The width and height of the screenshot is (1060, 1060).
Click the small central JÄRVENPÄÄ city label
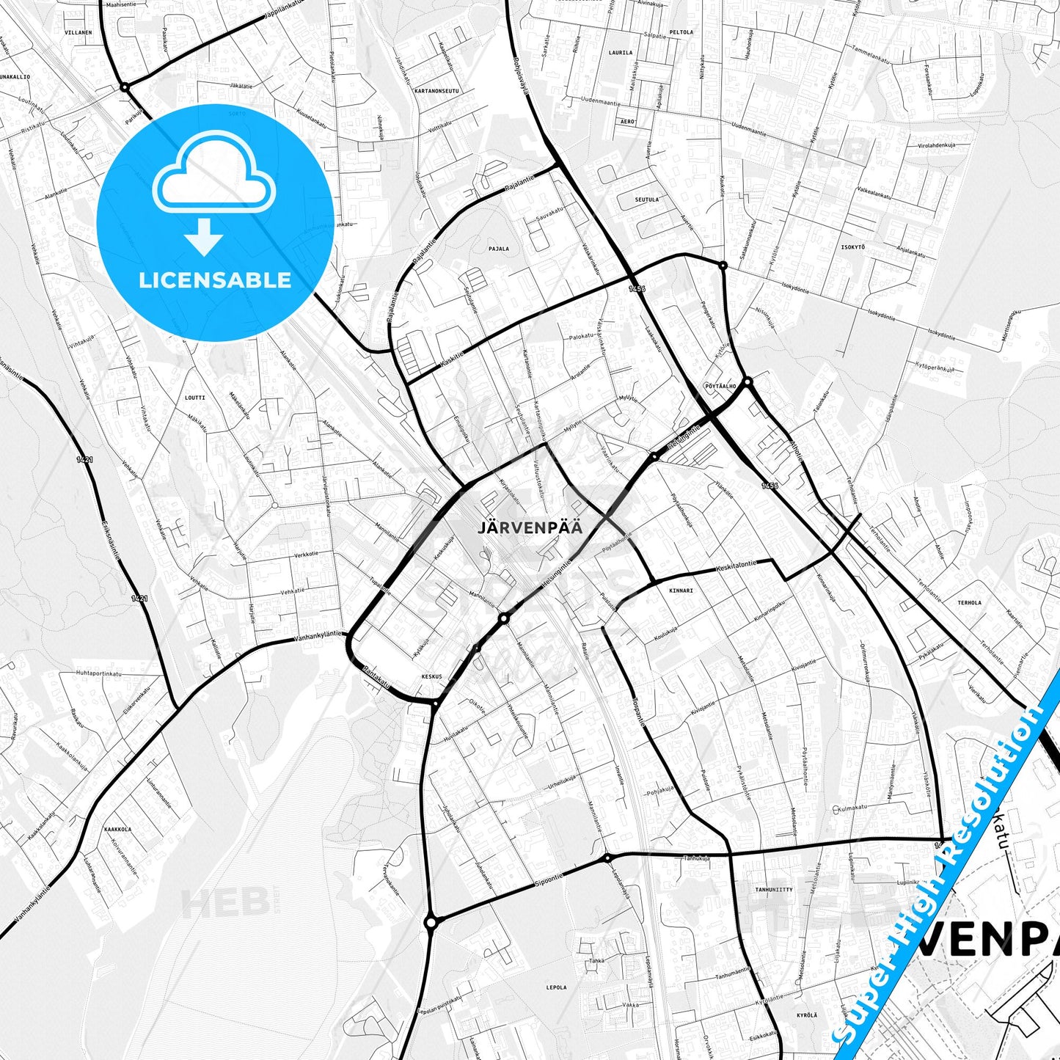(x=530, y=527)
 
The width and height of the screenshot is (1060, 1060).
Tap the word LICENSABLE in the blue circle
(x=215, y=280)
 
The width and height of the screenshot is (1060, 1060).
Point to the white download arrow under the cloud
(x=204, y=236)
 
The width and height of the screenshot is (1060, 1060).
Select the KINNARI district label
(x=681, y=590)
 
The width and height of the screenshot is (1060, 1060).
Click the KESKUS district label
(x=432, y=676)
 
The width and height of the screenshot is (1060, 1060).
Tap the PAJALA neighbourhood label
(x=499, y=249)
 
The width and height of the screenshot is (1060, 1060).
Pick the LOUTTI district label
(x=195, y=398)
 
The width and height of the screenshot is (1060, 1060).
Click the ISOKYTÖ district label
(x=852, y=247)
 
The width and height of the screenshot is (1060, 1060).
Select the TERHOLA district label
(x=969, y=603)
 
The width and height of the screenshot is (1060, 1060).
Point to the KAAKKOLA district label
(x=117, y=829)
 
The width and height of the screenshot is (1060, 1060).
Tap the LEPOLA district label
(x=556, y=987)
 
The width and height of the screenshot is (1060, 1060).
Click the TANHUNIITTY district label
(x=774, y=889)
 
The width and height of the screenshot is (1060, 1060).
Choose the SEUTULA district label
(x=646, y=200)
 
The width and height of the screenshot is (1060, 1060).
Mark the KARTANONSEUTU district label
(x=436, y=91)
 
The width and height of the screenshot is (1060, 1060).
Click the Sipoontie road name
(x=549, y=880)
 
